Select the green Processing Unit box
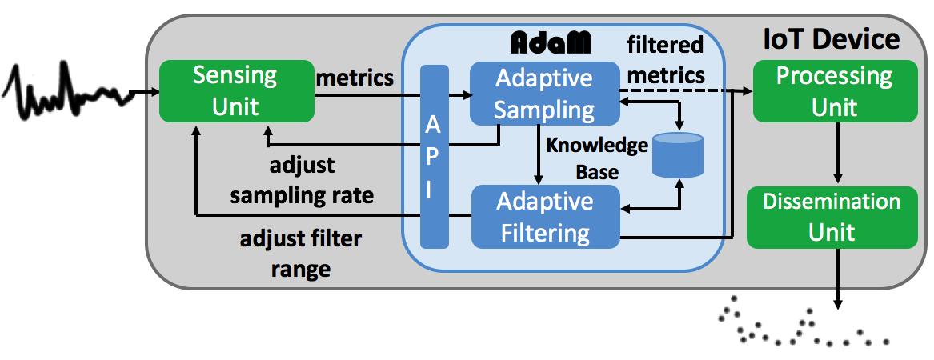834,92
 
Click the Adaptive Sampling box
544,94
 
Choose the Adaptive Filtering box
544,216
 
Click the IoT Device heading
832,39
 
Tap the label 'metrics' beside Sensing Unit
355,78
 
